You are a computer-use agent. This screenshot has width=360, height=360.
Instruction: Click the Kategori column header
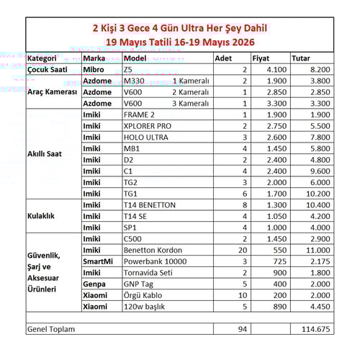click(42, 58)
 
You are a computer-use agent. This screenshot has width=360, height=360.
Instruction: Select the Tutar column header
click(302, 58)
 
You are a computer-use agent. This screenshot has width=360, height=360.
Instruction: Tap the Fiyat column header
click(261, 58)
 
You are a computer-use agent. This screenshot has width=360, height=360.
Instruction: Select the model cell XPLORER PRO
click(148, 126)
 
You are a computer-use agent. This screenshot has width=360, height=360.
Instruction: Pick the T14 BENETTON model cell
click(150, 205)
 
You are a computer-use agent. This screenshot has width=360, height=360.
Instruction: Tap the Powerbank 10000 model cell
click(156, 261)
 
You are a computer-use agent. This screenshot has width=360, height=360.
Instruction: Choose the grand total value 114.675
click(315, 329)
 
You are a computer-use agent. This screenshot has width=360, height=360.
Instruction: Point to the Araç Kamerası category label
click(52, 92)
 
